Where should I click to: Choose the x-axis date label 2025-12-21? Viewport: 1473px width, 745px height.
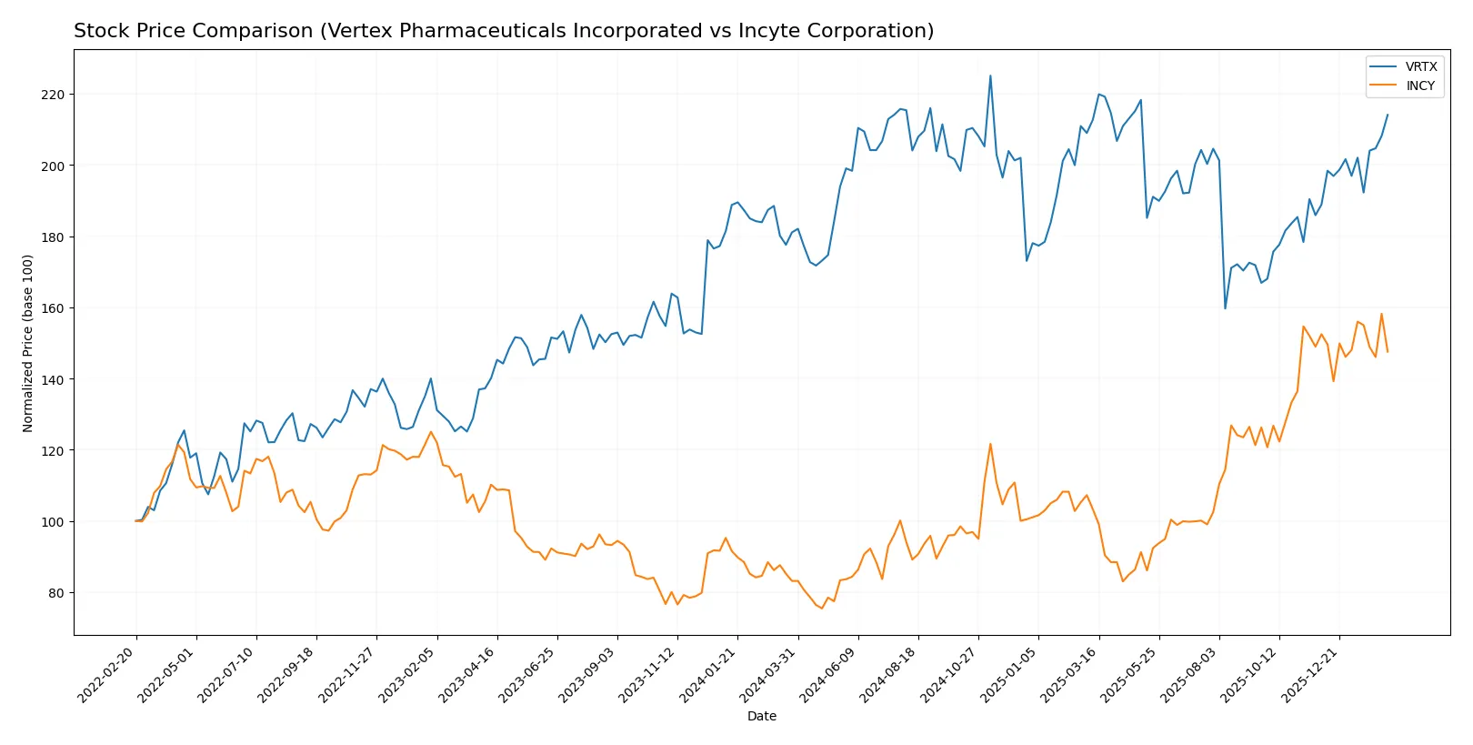[x=1312, y=676]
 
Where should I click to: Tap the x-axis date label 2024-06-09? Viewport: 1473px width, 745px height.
[x=830, y=676]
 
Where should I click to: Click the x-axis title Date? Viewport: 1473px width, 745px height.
[x=761, y=717]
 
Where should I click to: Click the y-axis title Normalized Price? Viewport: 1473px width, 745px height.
[x=27, y=343]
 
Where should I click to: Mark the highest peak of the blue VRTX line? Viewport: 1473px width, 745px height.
[x=990, y=76]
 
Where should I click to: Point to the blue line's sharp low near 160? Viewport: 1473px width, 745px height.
[x=1225, y=308]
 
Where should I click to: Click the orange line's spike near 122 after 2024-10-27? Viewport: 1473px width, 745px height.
[x=990, y=444]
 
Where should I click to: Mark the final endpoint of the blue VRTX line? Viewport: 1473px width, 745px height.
[x=1388, y=115]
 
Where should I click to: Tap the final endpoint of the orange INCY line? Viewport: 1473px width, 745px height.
[x=1388, y=352]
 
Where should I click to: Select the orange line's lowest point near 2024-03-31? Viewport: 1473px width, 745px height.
[x=822, y=609]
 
